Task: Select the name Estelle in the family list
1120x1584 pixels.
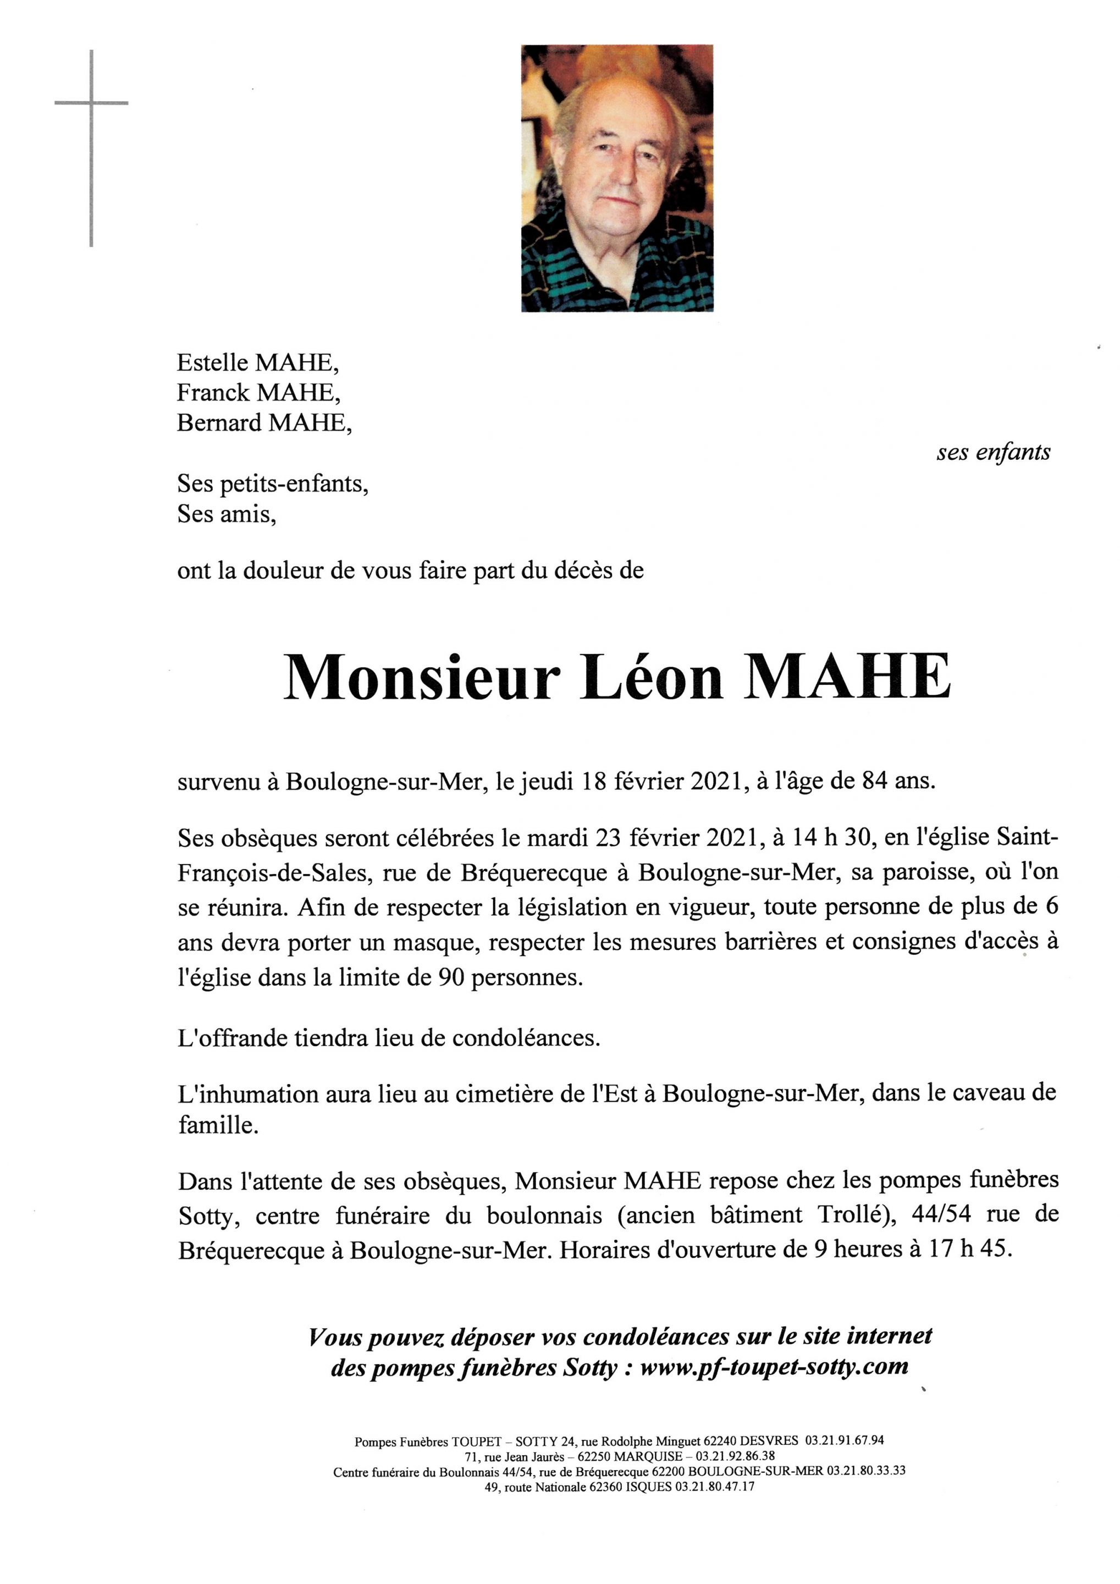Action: pyautogui.click(x=213, y=362)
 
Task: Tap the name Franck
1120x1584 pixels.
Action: pyautogui.click(x=214, y=393)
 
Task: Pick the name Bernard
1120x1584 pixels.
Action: pyautogui.click(x=219, y=422)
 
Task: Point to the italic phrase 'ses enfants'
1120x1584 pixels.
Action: pyautogui.click(x=993, y=453)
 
